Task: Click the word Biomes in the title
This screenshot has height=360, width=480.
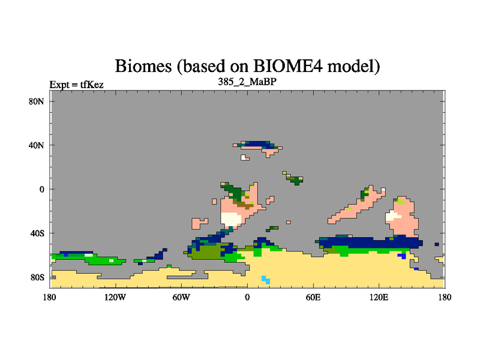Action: (143, 66)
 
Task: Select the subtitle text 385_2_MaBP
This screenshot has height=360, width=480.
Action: (247, 82)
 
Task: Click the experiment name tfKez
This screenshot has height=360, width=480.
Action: (92, 85)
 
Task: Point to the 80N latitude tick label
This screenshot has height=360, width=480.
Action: (37, 101)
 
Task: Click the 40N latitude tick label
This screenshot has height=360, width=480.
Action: (37, 145)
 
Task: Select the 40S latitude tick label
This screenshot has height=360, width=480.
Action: (37, 233)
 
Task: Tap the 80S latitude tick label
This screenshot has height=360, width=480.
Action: (37, 277)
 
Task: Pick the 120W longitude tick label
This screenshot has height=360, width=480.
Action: (115, 297)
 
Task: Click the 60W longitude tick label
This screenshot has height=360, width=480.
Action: (181, 297)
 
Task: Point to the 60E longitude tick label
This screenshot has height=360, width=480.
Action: (313, 297)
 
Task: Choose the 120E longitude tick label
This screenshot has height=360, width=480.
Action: (379, 297)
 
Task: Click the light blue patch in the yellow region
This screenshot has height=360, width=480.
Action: (266, 280)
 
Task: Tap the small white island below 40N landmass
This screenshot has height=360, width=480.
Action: (245, 158)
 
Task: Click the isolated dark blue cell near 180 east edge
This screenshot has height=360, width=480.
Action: (437, 244)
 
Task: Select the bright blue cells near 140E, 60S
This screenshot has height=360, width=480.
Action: (402, 256)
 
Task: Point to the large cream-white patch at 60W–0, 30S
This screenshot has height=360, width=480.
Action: (231, 219)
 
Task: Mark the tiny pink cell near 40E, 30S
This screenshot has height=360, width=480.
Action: (289, 222)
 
